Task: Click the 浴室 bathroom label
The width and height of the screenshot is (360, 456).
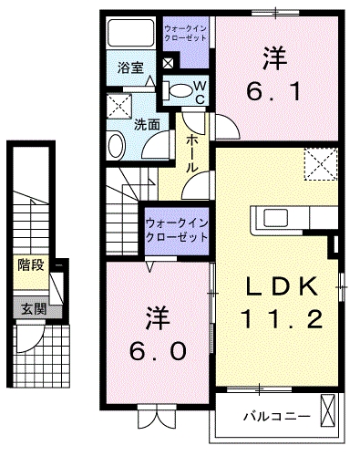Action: [130, 67]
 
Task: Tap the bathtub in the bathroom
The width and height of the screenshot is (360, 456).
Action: [131, 33]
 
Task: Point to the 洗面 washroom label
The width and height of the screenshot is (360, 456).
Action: [147, 124]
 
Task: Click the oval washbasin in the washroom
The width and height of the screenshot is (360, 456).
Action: [117, 145]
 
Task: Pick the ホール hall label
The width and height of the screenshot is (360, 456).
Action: [192, 153]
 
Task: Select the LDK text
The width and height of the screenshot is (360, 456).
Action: [282, 286]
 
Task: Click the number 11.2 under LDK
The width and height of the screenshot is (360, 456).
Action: [282, 319]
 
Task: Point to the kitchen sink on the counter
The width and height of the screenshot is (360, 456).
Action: [275, 218]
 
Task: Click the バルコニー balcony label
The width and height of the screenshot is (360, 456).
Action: [277, 416]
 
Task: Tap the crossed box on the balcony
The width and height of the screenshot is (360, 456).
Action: [327, 410]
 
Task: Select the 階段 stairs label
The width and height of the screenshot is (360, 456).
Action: [31, 264]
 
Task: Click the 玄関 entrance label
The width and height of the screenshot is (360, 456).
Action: [34, 309]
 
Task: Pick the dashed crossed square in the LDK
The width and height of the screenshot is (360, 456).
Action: [321, 163]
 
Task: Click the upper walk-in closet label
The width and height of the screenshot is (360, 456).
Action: [185, 34]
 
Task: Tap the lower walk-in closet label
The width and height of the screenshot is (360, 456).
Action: [177, 230]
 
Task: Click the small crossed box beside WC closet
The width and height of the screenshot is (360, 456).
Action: [168, 63]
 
